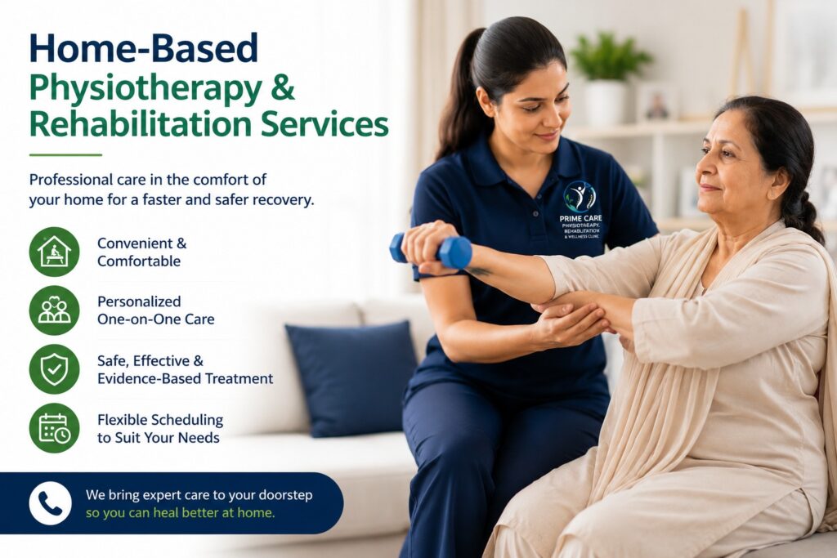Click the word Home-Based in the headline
144,48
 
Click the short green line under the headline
65,154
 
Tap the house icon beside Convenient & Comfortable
55,252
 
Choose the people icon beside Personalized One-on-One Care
55,310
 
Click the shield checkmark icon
55,369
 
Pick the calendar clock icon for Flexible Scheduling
55,428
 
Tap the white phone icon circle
50,503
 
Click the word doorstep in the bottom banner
285,496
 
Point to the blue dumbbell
432,251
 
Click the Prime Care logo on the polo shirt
580,210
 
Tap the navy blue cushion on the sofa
352,378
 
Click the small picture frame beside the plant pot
657,102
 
